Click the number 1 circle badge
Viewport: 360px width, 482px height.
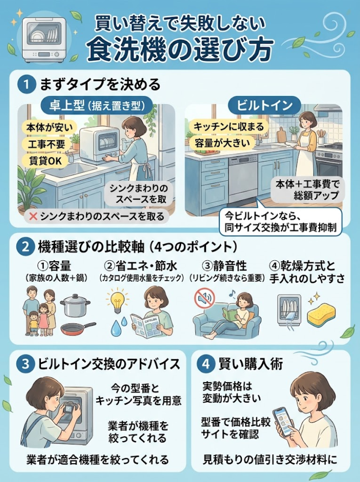pos(26,84)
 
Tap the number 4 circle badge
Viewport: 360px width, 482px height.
pos(206,364)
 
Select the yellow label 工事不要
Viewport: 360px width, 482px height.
pos(46,144)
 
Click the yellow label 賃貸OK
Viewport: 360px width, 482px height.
pos(45,161)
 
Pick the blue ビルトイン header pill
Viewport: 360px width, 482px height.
pos(265,106)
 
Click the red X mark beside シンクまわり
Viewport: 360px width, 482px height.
pos(33,216)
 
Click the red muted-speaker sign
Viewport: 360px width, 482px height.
pos(204,298)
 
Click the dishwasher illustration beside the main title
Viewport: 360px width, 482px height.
pos(44,40)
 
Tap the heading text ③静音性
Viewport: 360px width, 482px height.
pos(225,266)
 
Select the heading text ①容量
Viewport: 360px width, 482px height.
pos(54,266)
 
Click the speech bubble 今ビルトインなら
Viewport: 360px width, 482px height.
pos(280,221)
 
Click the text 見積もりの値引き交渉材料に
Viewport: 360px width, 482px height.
pos(270,459)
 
